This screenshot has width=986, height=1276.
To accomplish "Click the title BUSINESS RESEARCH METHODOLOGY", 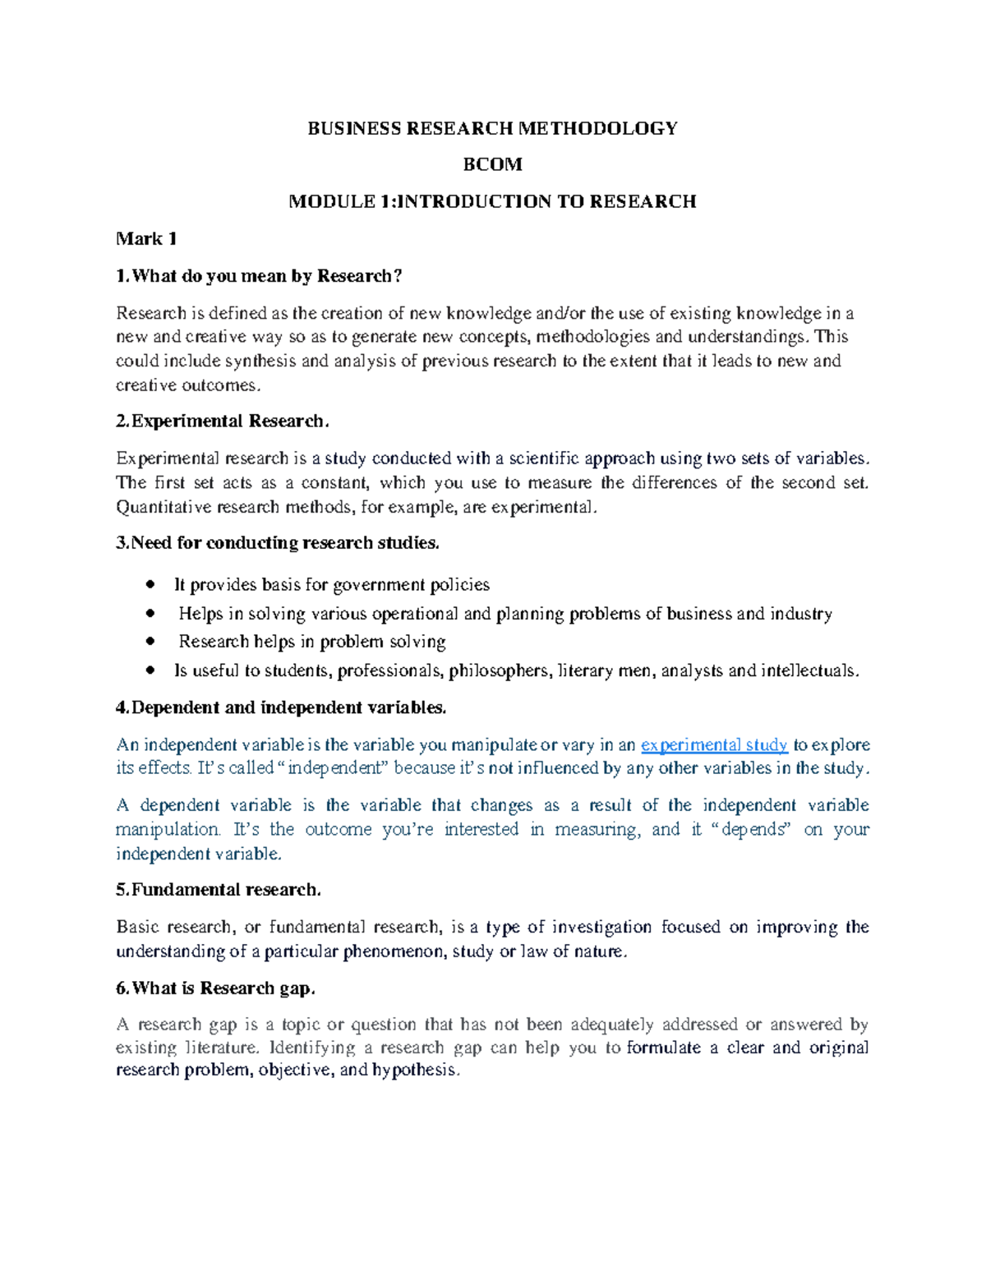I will pyautogui.click(x=492, y=128).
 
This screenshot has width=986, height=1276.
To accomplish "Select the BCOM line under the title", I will pyautogui.click(x=492, y=164).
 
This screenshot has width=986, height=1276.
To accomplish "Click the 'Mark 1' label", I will pyautogui.click(x=146, y=239).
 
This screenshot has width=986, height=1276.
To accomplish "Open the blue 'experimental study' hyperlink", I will pyautogui.click(x=714, y=745).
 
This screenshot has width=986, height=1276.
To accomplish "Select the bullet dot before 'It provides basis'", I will pyautogui.click(x=150, y=585).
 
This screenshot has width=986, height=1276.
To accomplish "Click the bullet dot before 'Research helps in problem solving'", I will pyautogui.click(x=150, y=642).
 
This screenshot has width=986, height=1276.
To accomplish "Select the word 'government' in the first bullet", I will pyautogui.click(x=380, y=585).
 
